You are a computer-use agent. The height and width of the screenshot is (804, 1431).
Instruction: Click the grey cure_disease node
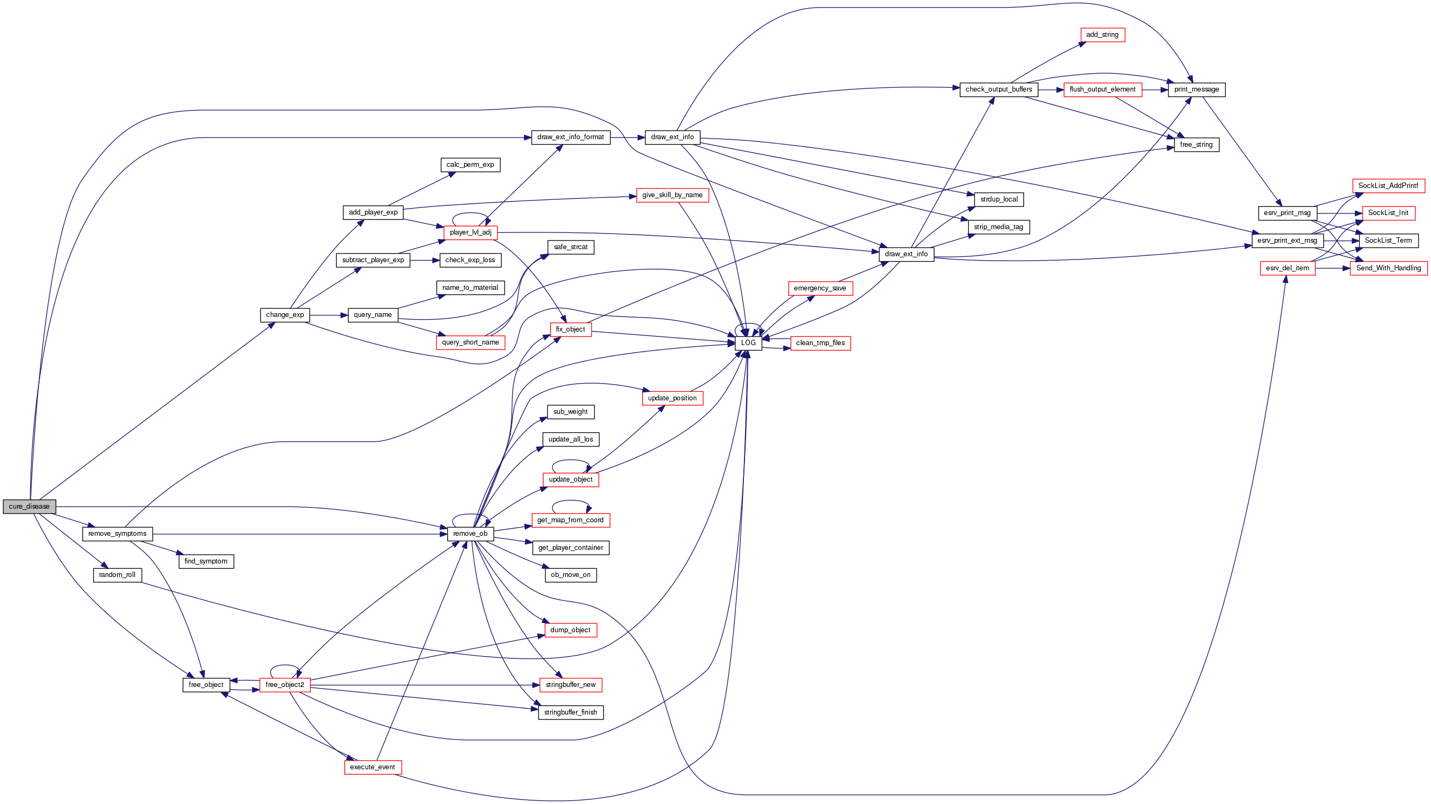29,507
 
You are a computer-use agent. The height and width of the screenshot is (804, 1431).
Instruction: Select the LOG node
748,343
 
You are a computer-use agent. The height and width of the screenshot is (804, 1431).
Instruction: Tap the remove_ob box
470,534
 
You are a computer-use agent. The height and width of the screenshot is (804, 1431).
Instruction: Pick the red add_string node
1102,35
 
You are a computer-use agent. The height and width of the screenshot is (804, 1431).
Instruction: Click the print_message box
1196,89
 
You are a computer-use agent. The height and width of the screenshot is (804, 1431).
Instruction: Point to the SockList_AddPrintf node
1388,186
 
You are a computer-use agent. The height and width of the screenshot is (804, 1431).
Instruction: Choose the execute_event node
372,767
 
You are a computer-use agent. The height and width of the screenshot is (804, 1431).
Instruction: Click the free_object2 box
284,685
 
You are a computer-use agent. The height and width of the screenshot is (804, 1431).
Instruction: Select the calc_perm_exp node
470,165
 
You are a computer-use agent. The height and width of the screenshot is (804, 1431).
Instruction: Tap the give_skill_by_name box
672,195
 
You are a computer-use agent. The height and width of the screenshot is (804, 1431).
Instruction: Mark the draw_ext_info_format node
571,137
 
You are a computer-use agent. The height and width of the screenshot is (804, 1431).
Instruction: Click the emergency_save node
820,288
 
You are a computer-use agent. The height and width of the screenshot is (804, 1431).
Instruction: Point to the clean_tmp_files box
820,343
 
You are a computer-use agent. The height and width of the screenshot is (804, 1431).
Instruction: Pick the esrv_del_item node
1287,268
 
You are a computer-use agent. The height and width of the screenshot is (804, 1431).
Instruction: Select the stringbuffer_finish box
571,712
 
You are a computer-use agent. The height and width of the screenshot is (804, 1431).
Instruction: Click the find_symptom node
206,561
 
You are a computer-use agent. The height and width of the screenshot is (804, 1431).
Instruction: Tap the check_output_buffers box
998,89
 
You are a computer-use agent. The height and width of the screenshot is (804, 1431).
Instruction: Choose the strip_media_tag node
998,227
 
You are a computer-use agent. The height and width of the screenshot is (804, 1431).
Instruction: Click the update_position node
672,398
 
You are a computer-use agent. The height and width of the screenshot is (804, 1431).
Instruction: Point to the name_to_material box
470,288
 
